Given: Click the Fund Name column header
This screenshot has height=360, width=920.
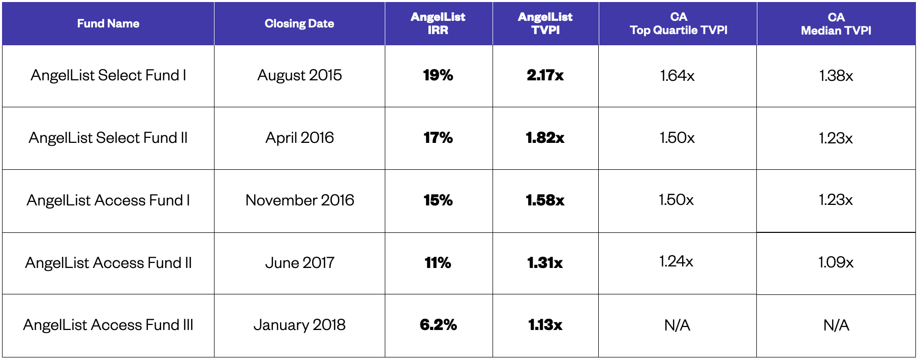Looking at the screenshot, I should click(x=108, y=23).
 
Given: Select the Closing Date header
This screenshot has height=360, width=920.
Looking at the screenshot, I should click(x=299, y=23).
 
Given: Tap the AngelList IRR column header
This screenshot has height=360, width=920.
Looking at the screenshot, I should click(x=438, y=23).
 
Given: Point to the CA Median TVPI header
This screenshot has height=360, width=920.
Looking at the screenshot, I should click(x=836, y=24).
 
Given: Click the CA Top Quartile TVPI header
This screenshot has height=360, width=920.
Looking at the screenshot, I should click(x=678, y=23).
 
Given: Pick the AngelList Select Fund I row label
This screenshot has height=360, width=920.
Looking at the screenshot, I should click(x=108, y=75).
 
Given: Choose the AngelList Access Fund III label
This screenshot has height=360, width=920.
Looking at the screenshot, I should click(x=108, y=325).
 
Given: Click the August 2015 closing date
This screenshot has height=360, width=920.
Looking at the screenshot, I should click(x=299, y=75).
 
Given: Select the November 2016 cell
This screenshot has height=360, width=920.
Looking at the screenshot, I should click(x=299, y=200).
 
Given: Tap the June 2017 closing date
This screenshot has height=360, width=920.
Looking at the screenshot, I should click(x=299, y=263).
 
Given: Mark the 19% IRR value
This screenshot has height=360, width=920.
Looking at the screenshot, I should click(x=438, y=75).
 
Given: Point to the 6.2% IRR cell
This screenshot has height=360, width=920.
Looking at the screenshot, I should click(x=438, y=325).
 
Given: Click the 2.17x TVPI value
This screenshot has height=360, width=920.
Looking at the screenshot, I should click(x=545, y=75).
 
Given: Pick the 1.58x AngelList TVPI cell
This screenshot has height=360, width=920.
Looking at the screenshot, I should click(x=545, y=200).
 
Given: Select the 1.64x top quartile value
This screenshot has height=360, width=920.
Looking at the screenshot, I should click(x=677, y=76).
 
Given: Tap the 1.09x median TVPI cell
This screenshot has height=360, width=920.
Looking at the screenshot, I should click(x=836, y=262).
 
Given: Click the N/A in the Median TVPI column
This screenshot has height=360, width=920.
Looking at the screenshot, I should click(x=836, y=325).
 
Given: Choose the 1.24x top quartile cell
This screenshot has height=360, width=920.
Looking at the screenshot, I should click(x=676, y=261).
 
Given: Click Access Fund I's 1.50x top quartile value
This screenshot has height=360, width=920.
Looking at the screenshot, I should click(x=676, y=200).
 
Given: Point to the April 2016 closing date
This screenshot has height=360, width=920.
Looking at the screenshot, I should click(x=299, y=138).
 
